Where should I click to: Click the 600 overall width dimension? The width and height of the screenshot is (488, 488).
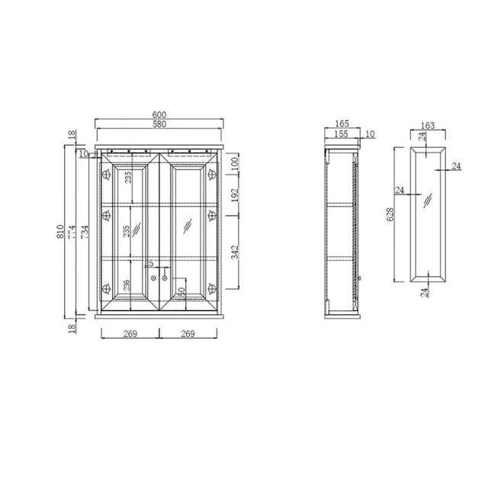159,115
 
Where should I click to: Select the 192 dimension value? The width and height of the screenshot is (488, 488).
235,195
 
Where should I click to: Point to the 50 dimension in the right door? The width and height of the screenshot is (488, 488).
181,291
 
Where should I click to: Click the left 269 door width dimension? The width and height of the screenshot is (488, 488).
130,332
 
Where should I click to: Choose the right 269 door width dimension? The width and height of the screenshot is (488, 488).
188,332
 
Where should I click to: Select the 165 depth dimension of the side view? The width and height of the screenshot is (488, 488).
341,124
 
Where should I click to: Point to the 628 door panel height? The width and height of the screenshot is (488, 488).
391,216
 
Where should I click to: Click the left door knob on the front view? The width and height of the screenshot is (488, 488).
154,279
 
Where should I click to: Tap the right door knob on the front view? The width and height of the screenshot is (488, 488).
165,279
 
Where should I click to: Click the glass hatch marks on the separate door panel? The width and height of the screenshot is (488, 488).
430,200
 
